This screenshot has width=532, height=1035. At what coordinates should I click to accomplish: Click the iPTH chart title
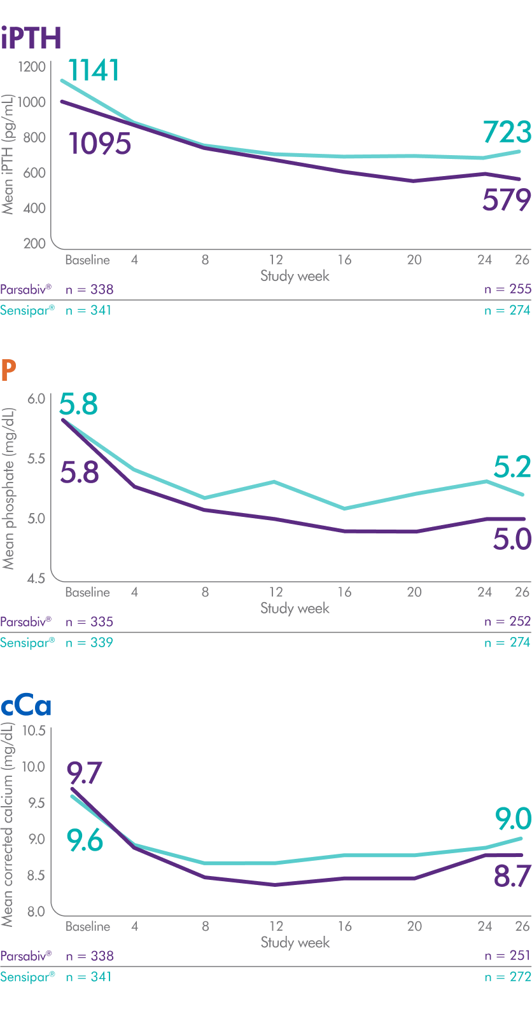point(31,38)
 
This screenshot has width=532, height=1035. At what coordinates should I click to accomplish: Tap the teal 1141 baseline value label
point(94,70)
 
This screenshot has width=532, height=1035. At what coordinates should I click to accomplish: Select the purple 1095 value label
point(100,144)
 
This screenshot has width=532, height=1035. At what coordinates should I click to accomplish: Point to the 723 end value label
point(507,132)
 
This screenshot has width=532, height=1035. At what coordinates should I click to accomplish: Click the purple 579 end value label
point(507,200)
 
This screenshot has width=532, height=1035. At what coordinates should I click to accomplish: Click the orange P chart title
point(8,371)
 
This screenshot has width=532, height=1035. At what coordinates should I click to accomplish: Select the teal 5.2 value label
point(512,467)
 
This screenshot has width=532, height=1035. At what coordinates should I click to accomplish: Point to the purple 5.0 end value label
point(512,539)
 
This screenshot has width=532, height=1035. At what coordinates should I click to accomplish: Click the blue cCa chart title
point(26,706)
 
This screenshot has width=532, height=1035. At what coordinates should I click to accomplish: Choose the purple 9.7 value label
point(85,774)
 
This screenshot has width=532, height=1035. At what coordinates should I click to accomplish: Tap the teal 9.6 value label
point(85,840)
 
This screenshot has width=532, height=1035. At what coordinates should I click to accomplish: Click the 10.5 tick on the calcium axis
point(34,730)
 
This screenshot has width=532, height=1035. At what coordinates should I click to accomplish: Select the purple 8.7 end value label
point(512,877)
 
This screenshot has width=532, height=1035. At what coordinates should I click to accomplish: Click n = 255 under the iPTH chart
point(507,289)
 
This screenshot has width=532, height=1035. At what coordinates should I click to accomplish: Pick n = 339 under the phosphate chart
point(89,643)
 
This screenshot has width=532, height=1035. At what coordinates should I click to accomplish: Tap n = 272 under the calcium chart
point(507,977)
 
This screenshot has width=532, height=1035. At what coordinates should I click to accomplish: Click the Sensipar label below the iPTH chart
point(27,310)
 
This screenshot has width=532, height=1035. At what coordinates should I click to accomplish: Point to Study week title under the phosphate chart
point(295,608)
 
